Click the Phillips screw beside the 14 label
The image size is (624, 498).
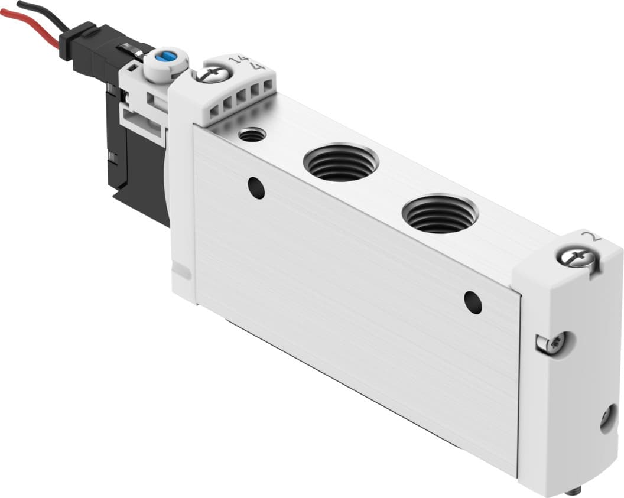pyautogui.click(x=207, y=74)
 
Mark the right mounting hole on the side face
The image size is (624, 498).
pyautogui.click(x=473, y=302)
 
